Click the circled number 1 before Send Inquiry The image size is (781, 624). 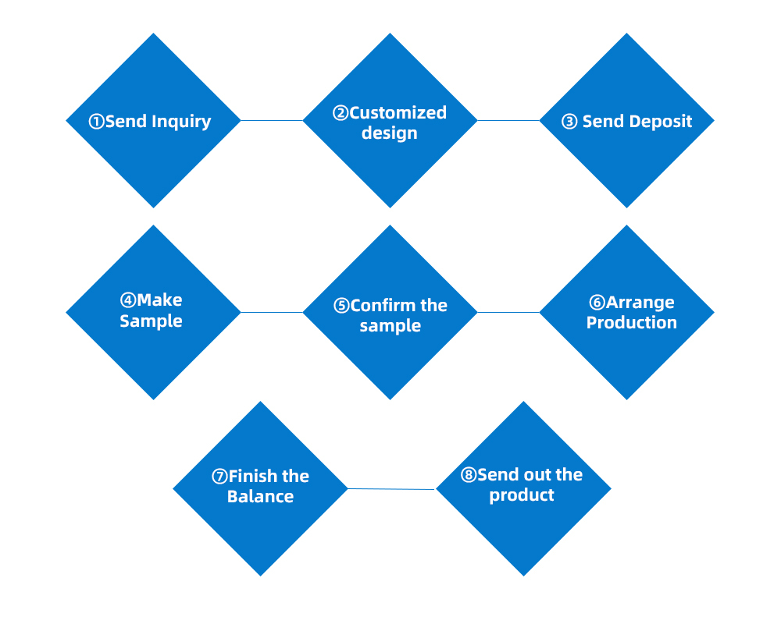click(96, 122)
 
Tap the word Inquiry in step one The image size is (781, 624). click(181, 122)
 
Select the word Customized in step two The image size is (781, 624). click(398, 113)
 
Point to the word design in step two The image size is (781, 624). click(390, 133)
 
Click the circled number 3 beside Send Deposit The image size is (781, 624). click(569, 122)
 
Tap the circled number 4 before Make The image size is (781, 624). click(128, 300)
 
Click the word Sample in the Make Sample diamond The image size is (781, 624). click(151, 321)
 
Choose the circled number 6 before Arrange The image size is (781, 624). click(597, 303)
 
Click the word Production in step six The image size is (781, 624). click(632, 322)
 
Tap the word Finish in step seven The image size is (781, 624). click(252, 477)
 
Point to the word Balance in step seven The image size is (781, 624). click(261, 497)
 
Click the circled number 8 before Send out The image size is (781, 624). click(469, 475)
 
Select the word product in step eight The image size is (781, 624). click(522, 495)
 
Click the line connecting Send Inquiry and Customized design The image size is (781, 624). click(272, 120)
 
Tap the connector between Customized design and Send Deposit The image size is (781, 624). click(508, 120)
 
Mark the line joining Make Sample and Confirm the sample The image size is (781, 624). click(272, 313)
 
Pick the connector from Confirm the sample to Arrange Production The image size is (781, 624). click(508, 313)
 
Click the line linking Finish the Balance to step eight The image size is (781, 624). click(392, 489)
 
